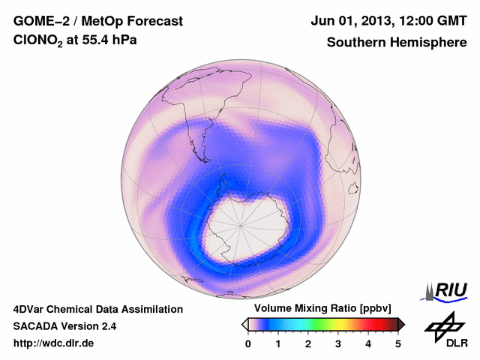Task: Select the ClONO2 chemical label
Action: pos(38,43)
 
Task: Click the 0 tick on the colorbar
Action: pos(248,343)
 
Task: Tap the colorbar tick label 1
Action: pos(278,343)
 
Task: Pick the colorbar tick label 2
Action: pos(308,343)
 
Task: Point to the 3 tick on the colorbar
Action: pos(338,343)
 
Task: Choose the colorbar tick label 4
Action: pos(368,343)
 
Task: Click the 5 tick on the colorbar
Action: pos(398,343)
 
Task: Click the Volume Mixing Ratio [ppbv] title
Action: pos(319,308)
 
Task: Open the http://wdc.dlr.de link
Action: pos(54,343)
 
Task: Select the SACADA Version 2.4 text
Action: pos(64,326)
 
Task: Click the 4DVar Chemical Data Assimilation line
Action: pos(98,309)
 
